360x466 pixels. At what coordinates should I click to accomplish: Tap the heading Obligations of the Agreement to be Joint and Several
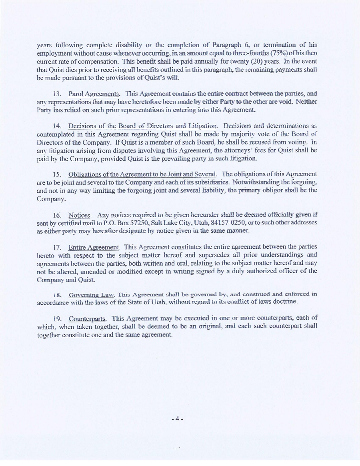143,174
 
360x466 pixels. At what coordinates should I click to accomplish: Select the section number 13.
56,94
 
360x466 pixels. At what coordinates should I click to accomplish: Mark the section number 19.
56,319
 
